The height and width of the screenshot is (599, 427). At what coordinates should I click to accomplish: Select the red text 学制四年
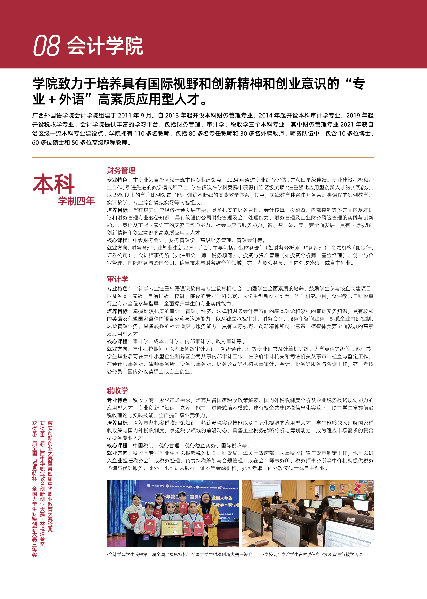point(76,201)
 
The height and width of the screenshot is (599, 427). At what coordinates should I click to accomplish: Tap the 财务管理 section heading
point(121,170)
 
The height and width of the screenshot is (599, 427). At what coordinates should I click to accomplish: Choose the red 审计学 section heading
point(118,279)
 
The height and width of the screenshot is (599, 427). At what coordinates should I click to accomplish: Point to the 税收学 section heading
point(118,391)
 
